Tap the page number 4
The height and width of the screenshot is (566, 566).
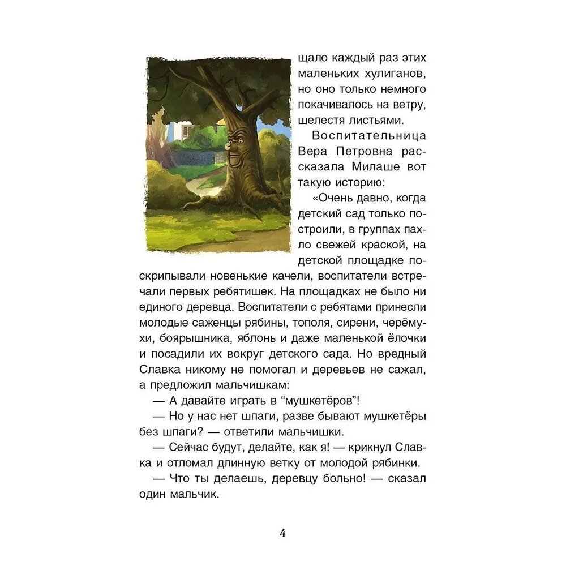coord(282,533)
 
